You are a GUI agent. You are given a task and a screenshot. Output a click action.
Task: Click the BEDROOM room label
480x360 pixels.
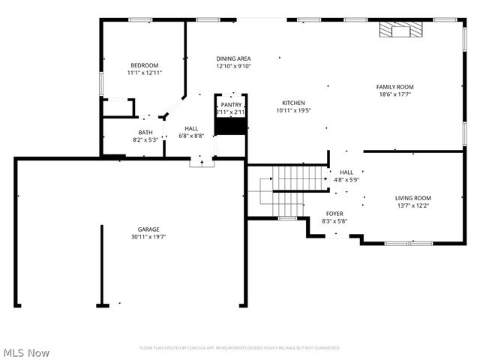pyautogui.click(x=145, y=65)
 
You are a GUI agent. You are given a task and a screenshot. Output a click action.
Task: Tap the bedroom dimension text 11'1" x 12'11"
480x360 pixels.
pyautogui.click(x=145, y=73)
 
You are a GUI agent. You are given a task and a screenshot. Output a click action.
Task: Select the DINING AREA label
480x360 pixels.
pyautogui.click(x=233, y=58)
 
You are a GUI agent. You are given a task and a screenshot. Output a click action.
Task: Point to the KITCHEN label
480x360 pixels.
pyautogui.click(x=293, y=103)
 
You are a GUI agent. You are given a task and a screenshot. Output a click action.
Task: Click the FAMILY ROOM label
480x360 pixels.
pyautogui.click(x=394, y=87)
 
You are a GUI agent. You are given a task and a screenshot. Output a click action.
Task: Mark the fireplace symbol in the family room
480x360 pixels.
pyautogui.click(x=400, y=30)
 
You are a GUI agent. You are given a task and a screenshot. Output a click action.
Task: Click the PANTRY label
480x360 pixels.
pyautogui.click(x=231, y=105)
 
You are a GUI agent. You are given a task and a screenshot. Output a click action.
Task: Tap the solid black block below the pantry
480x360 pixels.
pyautogui.click(x=231, y=127)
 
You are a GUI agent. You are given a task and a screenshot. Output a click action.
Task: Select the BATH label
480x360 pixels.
pyautogui.click(x=145, y=133)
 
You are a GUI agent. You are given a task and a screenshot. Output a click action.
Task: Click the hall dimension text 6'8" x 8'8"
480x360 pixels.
pyautogui.click(x=191, y=136)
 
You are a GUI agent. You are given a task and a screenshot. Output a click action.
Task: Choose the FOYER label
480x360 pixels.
pyautogui.click(x=334, y=214)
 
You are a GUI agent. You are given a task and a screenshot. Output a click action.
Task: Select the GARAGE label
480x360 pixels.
pyautogui.click(x=148, y=229)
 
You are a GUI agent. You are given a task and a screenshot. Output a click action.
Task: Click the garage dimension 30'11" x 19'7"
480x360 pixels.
pyautogui.click(x=148, y=237)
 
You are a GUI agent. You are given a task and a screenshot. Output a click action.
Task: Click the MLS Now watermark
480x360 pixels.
pyautogui.click(x=26, y=352)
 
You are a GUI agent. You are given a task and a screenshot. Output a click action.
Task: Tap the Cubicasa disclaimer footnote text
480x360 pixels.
pyautogui.click(x=240, y=348)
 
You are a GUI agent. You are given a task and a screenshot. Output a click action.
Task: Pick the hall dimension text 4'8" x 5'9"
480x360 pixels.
pyautogui.click(x=346, y=180)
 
